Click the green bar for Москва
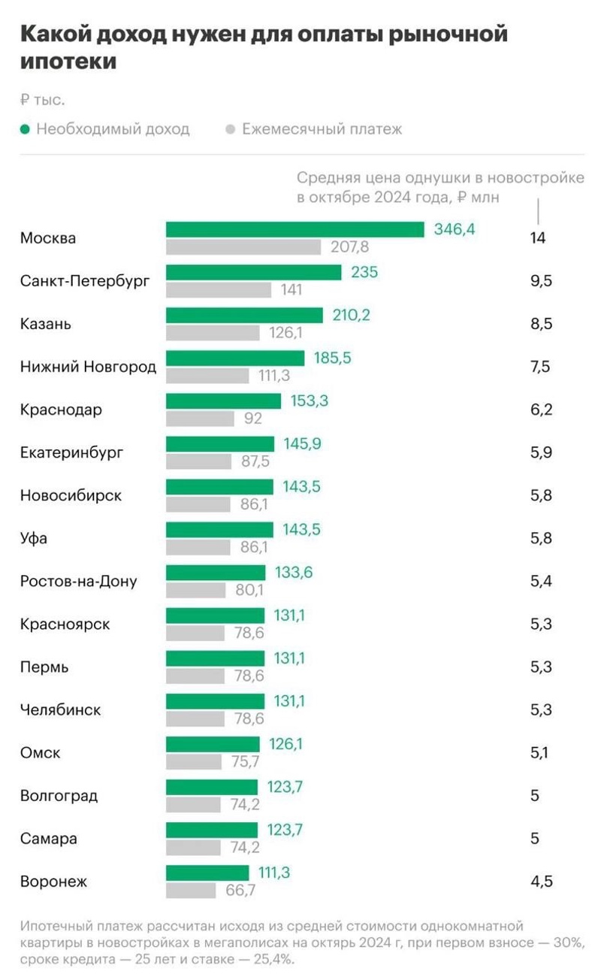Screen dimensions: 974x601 294,229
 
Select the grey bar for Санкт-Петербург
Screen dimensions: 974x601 219,289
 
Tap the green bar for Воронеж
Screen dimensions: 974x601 207,873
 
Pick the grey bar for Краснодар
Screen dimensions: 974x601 200,418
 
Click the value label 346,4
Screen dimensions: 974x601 455,229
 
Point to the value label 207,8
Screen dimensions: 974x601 350,247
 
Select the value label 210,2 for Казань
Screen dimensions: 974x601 352,315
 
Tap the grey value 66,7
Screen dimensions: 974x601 241,891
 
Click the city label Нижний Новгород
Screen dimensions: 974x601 88,367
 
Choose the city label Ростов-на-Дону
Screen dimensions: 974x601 78,581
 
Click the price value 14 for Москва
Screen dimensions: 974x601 537,238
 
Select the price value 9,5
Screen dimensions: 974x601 541,281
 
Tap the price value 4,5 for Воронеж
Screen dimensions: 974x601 541,881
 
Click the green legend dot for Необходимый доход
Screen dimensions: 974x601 25,129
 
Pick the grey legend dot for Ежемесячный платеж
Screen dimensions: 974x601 231,129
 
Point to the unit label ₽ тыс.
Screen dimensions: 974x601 42,99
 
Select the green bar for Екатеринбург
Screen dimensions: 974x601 220,443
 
